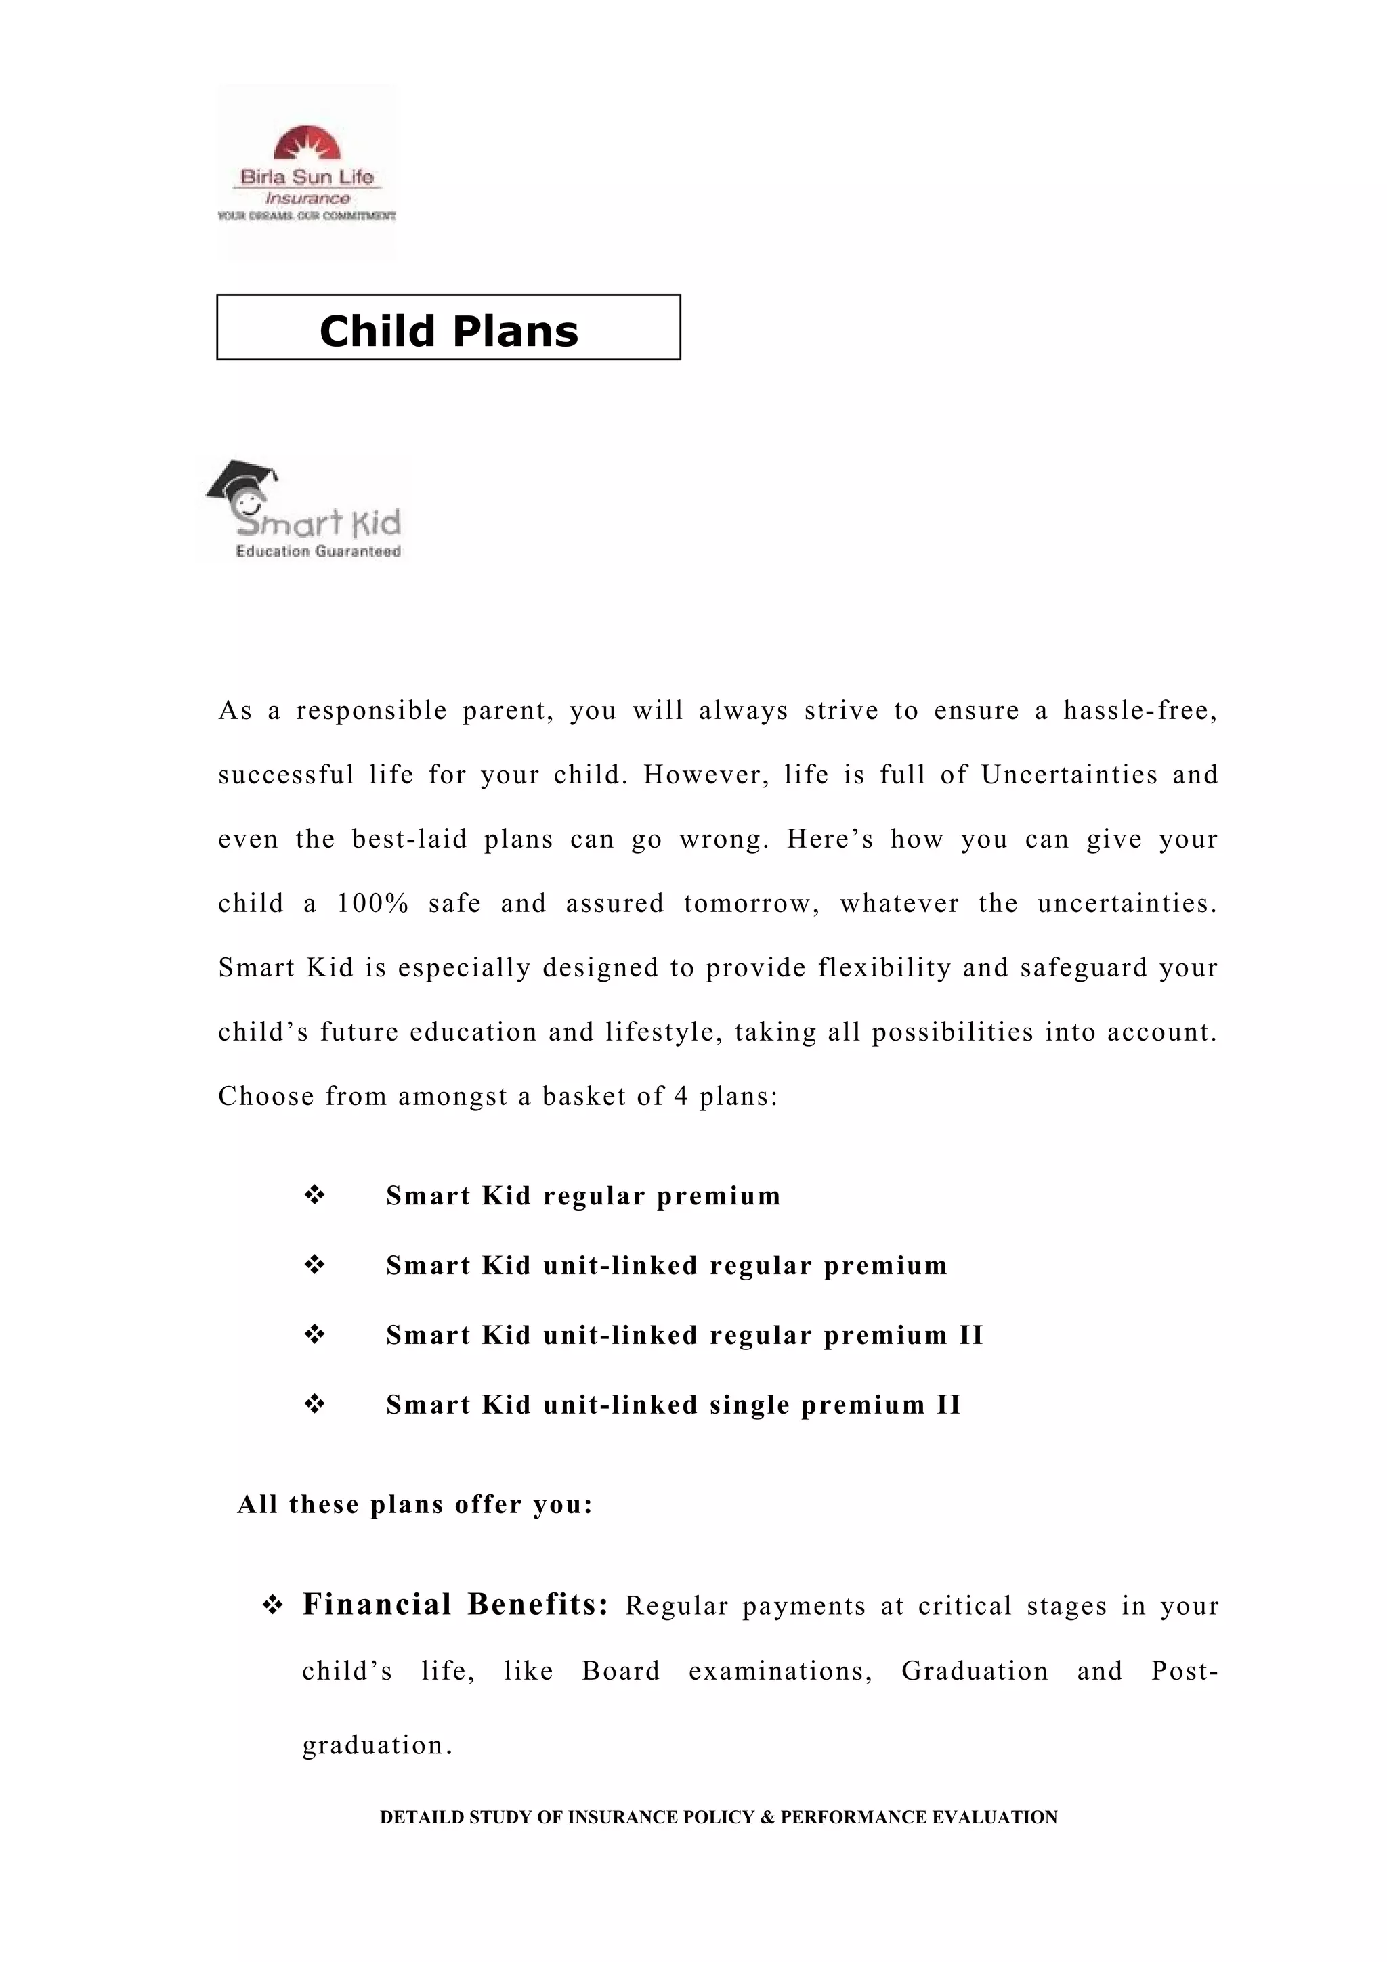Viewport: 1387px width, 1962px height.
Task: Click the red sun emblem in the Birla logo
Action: click(x=306, y=144)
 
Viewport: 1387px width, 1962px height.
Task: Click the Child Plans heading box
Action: click(x=448, y=327)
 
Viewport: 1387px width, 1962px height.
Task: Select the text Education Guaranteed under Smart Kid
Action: click(x=318, y=552)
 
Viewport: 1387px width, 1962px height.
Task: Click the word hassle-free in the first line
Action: click(x=1139, y=710)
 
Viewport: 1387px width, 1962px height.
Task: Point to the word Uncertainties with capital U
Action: click(x=1069, y=775)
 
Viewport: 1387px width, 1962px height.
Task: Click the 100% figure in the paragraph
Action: click(x=372, y=903)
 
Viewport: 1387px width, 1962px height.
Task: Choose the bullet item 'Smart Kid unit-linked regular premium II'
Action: click(x=683, y=1335)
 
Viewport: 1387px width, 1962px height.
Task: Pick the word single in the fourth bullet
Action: click(x=750, y=1405)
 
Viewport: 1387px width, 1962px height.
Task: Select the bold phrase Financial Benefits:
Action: click(x=456, y=1605)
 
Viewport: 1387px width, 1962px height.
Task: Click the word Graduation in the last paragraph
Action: click(x=975, y=1671)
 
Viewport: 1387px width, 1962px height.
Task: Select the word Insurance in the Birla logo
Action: click(x=307, y=198)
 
